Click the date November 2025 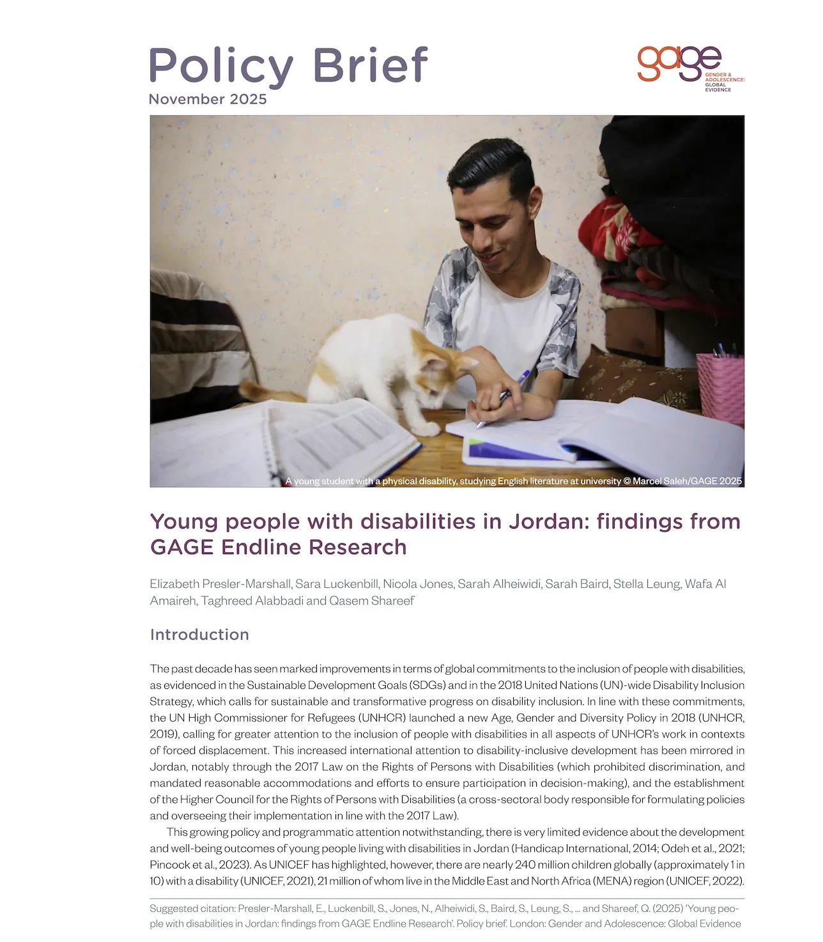(208, 100)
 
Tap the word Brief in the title (370, 65)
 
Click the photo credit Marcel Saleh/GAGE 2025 (687, 481)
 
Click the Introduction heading (199, 635)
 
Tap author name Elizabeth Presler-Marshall (221, 584)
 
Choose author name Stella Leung (647, 584)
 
